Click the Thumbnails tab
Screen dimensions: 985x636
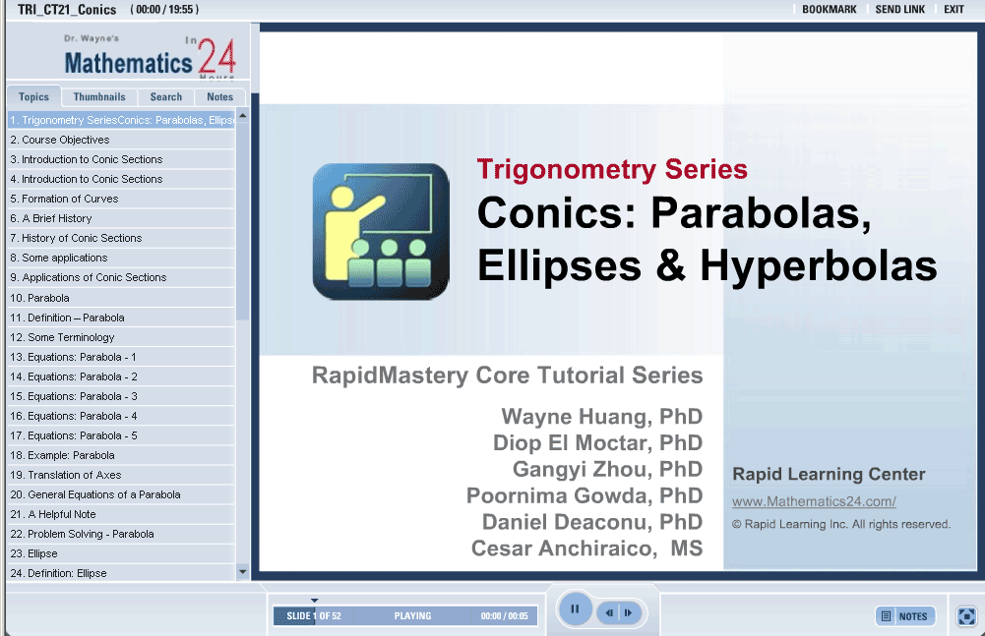pos(99,96)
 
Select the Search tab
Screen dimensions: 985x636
pos(166,96)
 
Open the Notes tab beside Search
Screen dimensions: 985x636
pos(219,96)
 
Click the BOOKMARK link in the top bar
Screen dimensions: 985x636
pos(830,10)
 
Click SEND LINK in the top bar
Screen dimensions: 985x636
pos(900,10)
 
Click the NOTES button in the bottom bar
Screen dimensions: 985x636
pos(905,616)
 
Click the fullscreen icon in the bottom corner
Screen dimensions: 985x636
pos(966,616)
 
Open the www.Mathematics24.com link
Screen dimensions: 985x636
pos(814,501)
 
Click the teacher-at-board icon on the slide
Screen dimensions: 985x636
pos(381,231)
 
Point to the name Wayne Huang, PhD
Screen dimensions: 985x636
pos(602,417)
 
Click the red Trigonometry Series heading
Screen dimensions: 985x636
pos(612,169)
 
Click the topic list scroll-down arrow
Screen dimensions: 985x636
pos(242,572)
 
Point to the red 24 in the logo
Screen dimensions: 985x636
pos(216,56)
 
